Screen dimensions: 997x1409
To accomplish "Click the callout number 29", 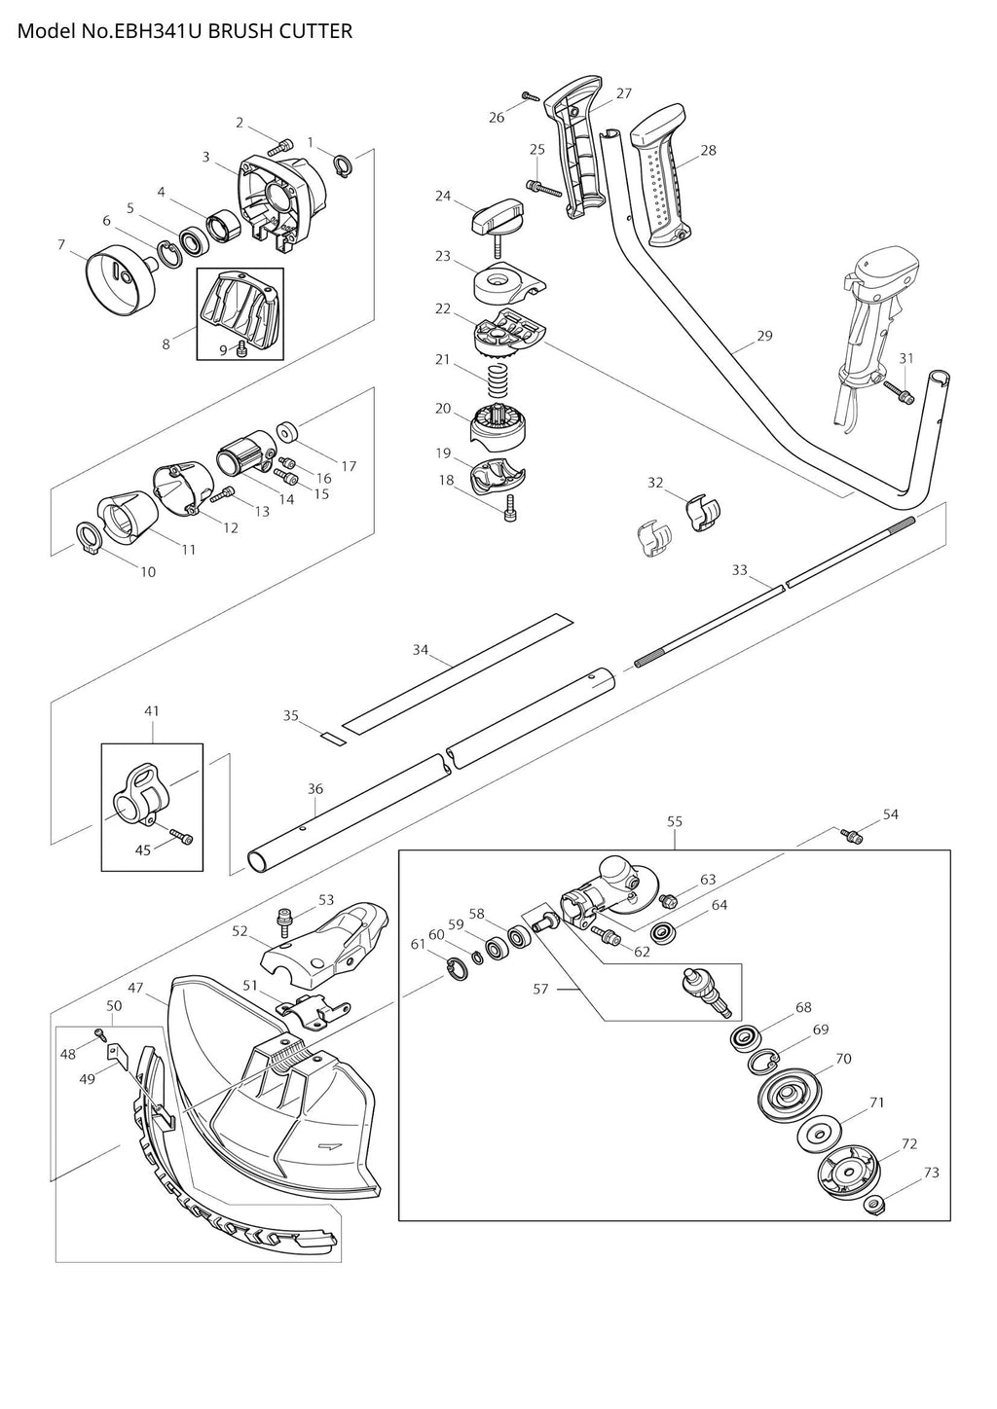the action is coord(764,336).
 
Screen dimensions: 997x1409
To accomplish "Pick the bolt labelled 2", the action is coord(280,149).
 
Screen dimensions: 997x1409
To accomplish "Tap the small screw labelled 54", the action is coord(852,836).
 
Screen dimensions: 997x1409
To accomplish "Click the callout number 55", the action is coord(674,821).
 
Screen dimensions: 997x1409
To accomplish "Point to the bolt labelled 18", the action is coord(510,508).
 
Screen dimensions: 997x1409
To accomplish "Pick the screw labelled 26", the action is coord(531,96).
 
